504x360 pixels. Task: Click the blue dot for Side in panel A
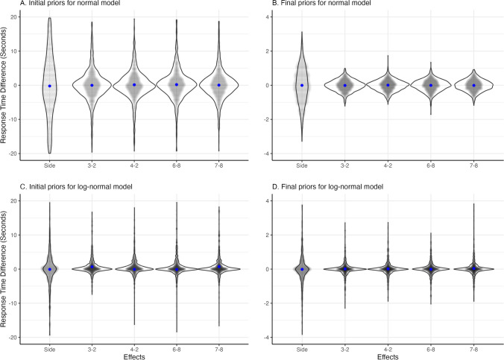[49, 86]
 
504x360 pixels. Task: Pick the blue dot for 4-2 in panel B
[388, 85]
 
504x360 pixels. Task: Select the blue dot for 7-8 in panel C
[219, 267]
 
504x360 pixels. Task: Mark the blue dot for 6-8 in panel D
[431, 268]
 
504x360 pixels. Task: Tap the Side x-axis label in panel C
[49, 347]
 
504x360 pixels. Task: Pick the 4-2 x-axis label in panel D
[388, 347]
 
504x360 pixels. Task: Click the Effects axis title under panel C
[134, 356]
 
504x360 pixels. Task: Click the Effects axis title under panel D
[388, 356]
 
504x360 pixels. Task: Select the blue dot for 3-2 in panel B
[345, 85]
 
